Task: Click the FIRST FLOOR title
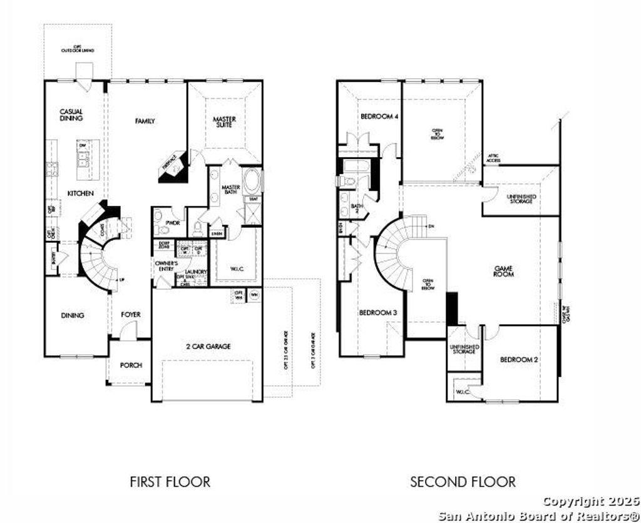(x=170, y=482)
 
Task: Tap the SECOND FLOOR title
(x=463, y=482)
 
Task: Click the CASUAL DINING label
(x=71, y=114)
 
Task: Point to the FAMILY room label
(x=145, y=121)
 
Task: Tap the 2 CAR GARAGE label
(x=208, y=346)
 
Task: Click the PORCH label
(x=131, y=365)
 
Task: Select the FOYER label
(x=131, y=315)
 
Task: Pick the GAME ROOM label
(x=503, y=271)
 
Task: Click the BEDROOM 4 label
(x=379, y=116)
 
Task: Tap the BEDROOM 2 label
(x=520, y=360)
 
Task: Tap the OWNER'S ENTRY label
(x=167, y=267)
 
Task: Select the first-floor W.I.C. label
(x=237, y=269)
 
